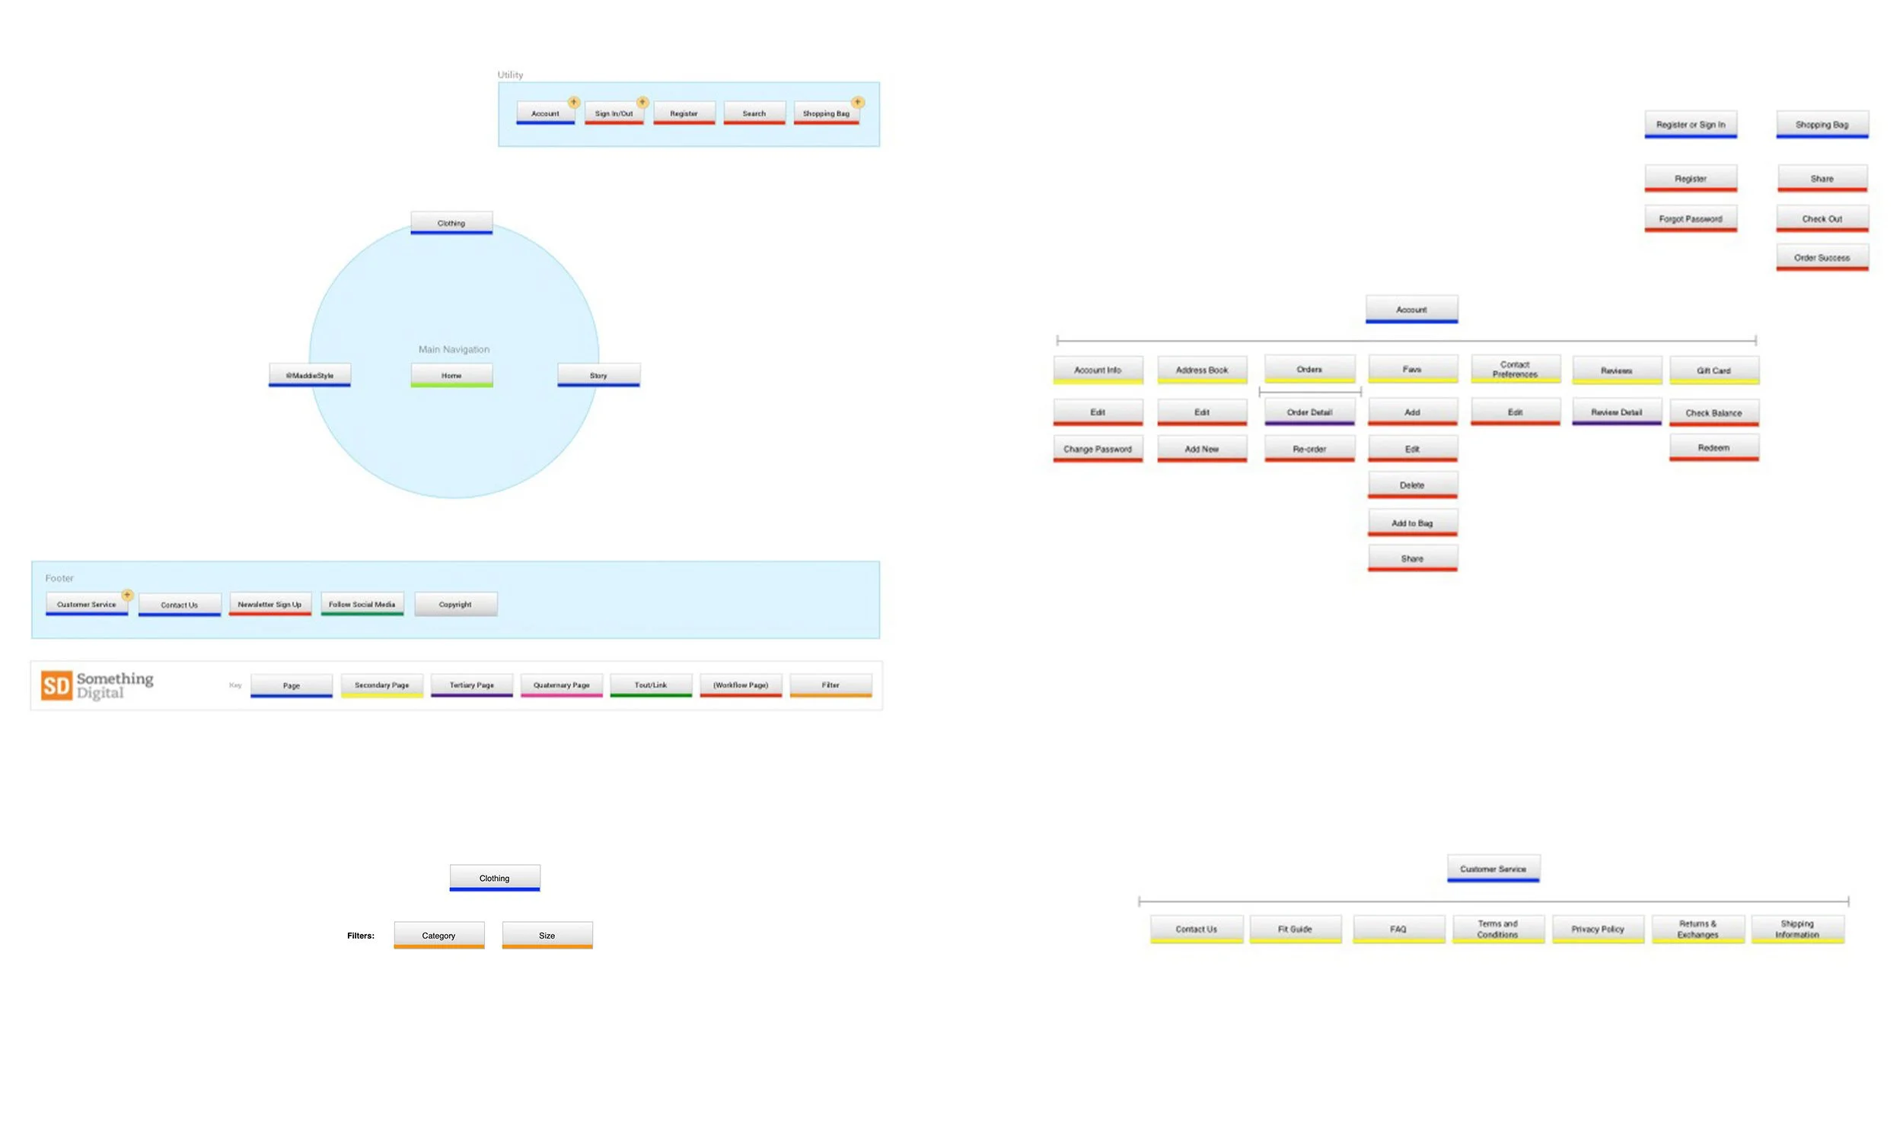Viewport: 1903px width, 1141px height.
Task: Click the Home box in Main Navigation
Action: point(451,375)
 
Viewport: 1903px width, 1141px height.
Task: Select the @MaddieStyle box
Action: point(310,375)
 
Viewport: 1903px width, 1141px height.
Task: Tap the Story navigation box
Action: point(598,375)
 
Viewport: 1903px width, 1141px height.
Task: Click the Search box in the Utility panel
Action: point(754,113)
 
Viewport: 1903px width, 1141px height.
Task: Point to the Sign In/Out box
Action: point(614,113)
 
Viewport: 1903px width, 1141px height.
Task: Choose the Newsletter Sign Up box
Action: point(270,604)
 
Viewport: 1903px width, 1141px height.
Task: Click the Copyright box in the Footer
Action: point(455,604)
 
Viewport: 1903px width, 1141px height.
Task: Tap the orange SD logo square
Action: point(56,685)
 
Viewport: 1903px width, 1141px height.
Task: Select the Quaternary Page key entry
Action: point(562,685)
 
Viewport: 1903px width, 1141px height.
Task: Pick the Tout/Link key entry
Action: point(651,685)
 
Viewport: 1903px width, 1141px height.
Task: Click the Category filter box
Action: point(439,935)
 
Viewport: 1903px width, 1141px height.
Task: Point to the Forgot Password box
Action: point(1691,219)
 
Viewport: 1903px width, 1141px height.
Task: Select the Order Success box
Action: point(1822,258)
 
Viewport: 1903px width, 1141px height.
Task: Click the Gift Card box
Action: point(1713,370)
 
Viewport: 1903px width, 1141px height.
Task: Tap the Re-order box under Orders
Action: point(1309,449)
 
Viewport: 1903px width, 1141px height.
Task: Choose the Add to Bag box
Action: point(1412,523)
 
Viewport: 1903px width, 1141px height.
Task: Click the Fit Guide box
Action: point(1296,929)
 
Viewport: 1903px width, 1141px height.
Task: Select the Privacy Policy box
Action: point(1598,929)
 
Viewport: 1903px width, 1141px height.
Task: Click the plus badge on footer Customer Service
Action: point(128,595)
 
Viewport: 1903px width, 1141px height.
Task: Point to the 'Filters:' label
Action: point(361,936)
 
